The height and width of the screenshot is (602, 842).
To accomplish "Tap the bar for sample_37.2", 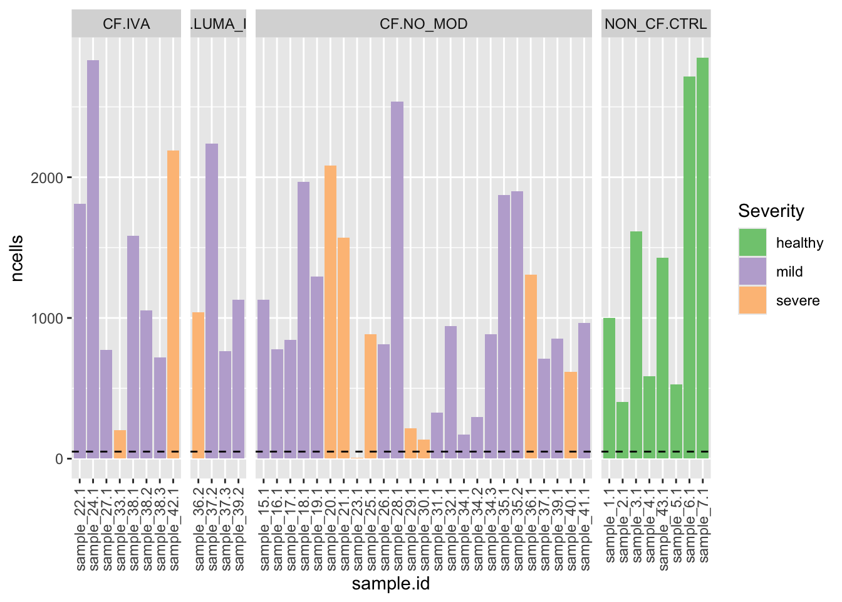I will pyautogui.click(x=212, y=301).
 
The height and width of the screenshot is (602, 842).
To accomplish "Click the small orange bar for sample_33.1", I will pyautogui.click(x=120, y=444).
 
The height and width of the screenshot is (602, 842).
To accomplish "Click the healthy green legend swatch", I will pyautogui.click(x=752, y=243).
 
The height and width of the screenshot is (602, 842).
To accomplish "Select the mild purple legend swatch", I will pyautogui.click(x=752, y=272).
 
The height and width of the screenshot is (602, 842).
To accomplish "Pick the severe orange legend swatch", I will pyautogui.click(x=752, y=300).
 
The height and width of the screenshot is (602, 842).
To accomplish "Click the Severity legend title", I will pyautogui.click(x=771, y=211).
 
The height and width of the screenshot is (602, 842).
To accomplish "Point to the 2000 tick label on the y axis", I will pyautogui.click(x=47, y=177).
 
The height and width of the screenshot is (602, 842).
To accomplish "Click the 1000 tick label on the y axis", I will pyautogui.click(x=47, y=318).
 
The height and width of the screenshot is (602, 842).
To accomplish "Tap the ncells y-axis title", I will pyautogui.click(x=17, y=258).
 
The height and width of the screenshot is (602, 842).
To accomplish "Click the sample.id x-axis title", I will pyautogui.click(x=390, y=584).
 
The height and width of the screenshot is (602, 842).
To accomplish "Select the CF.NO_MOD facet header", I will pyautogui.click(x=424, y=24).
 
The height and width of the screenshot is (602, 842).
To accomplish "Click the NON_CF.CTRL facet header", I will pyautogui.click(x=655, y=24).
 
